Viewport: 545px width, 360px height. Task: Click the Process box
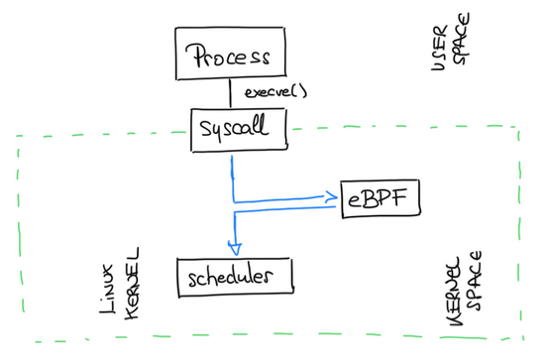coord(229,55)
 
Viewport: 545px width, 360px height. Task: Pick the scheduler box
coord(236,275)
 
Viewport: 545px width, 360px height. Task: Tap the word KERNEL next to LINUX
coord(134,283)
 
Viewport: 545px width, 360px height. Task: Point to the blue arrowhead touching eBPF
coord(331,197)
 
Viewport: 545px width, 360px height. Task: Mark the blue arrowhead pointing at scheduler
coord(236,248)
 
